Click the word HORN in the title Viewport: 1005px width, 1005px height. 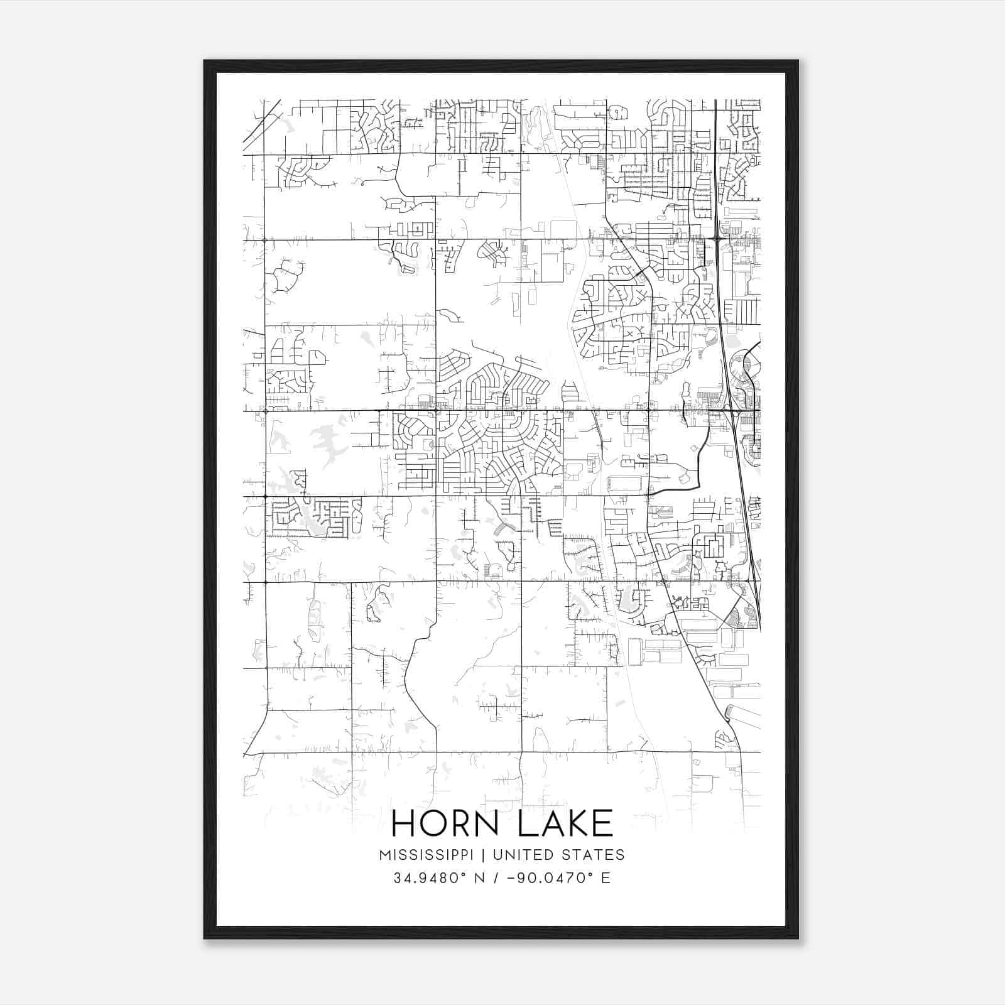point(450,823)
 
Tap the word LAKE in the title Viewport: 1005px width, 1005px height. point(565,823)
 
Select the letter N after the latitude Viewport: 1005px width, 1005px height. point(481,878)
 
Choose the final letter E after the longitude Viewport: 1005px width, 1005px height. point(606,878)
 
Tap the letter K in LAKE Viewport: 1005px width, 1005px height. point(576,823)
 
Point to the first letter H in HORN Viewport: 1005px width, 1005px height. point(405,823)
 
